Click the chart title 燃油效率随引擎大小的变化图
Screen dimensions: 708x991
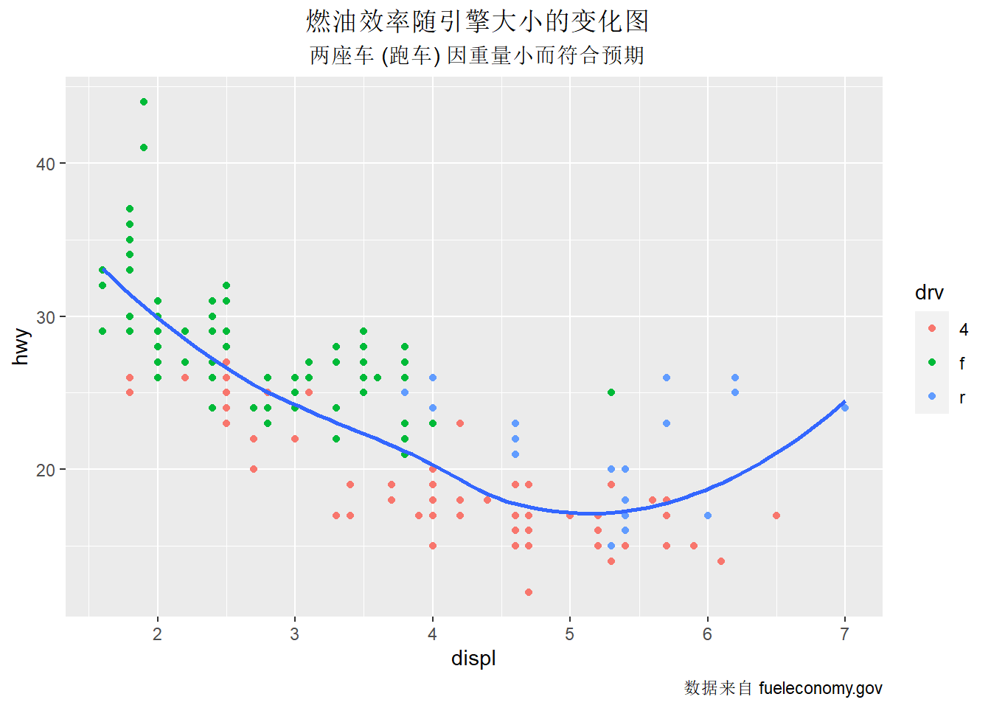(x=477, y=21)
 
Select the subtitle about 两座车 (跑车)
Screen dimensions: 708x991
(x=477, y=55)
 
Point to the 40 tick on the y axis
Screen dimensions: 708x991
(x=46, y=164)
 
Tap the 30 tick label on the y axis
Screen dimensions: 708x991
(x=46, y=317)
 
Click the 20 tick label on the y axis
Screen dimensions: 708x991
(x=46, y=470)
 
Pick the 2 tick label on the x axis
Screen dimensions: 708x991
(x=158, y=634)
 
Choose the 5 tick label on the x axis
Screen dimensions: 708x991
(x=570, y=634)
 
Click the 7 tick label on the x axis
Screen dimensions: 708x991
(x=845, y=634)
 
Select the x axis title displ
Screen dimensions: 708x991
(x=473, y=658)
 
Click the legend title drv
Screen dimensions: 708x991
(x=929, y=293)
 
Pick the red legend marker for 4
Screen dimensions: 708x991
(x=932, y=328)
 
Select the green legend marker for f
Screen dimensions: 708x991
(x=932, y=362)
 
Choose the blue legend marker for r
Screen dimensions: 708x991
(x=932, y=397)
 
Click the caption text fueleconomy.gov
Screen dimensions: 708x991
(x=820, y=688)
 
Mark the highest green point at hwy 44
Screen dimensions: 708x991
(x=144, y=102)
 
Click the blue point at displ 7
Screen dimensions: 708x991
(x=845, y=408)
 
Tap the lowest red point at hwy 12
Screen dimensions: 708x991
(x=529, y=592)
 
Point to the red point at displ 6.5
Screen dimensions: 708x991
(x=776, y=516)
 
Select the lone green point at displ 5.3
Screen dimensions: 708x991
(x=611, y=392)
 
